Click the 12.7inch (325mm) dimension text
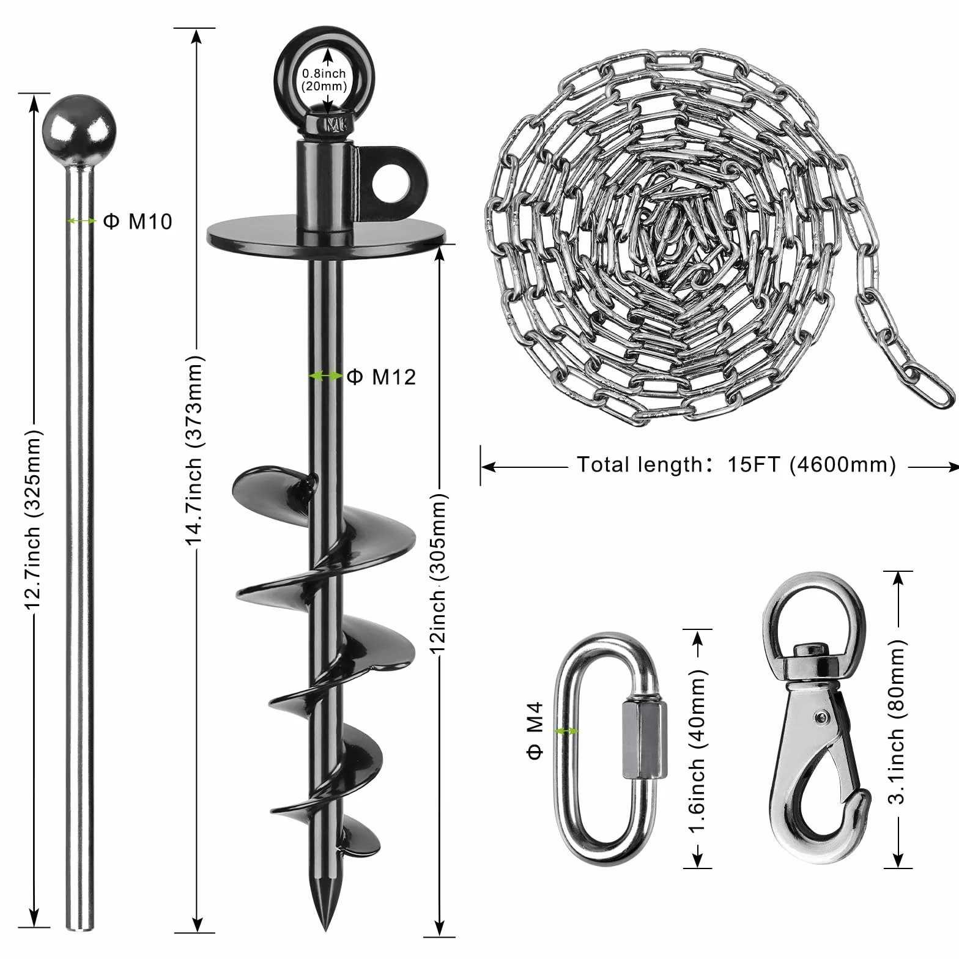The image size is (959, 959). click(33, 519)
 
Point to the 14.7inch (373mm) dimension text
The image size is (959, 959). click(194, 450)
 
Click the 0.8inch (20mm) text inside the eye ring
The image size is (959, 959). click(324, 80)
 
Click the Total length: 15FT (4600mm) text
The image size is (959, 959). click(736, 465)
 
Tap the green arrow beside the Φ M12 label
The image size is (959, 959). click(325, 376)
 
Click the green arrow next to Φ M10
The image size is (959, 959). click(81, 221)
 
